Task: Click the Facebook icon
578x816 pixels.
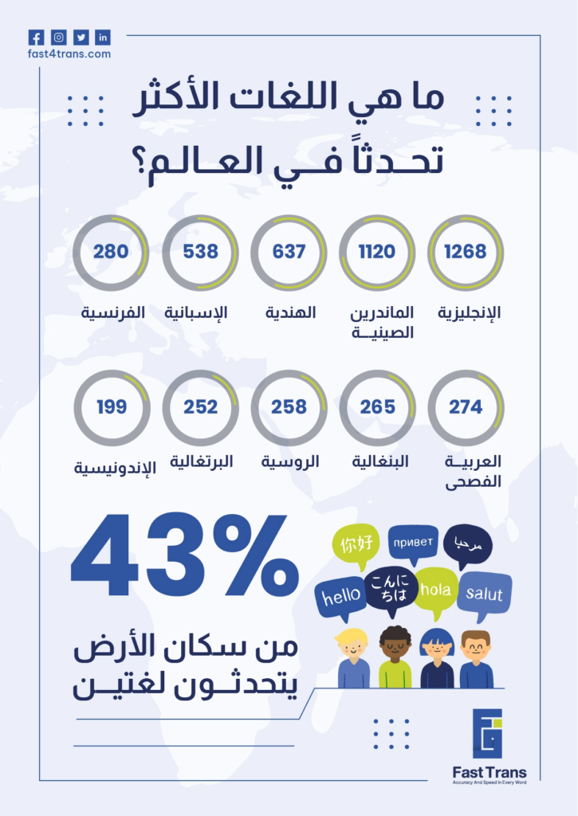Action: (36, 37)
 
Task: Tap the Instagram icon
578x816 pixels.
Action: (59, 37)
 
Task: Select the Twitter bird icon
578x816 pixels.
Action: (81, 37)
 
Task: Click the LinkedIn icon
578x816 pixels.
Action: (103, 37)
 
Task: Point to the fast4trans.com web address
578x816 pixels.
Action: (69, 53)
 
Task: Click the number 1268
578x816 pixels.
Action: (466, 251)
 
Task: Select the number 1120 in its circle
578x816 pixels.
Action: (377, 251)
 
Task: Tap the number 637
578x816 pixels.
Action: (289, 251)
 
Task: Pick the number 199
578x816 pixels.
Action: (112, 406)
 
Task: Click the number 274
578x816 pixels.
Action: (466, 406)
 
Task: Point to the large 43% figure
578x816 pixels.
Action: (185, 555)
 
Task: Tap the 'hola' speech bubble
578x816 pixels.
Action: (436, 592)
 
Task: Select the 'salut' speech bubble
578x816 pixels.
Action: (484, 594)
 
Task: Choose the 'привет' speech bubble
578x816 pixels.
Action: (413, 543)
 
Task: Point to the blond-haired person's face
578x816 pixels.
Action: (352, 647)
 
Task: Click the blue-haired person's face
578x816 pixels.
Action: (436, 647)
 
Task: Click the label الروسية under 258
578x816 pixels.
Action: (290, 461)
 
